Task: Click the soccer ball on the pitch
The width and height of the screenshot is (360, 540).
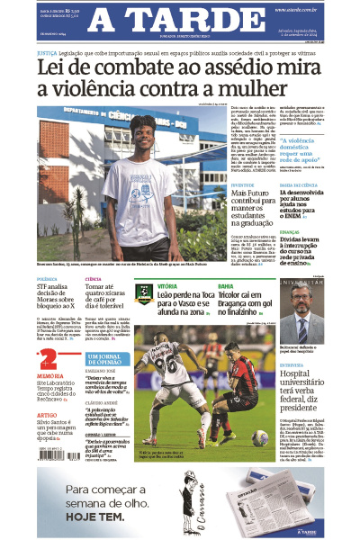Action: point(258,437)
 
